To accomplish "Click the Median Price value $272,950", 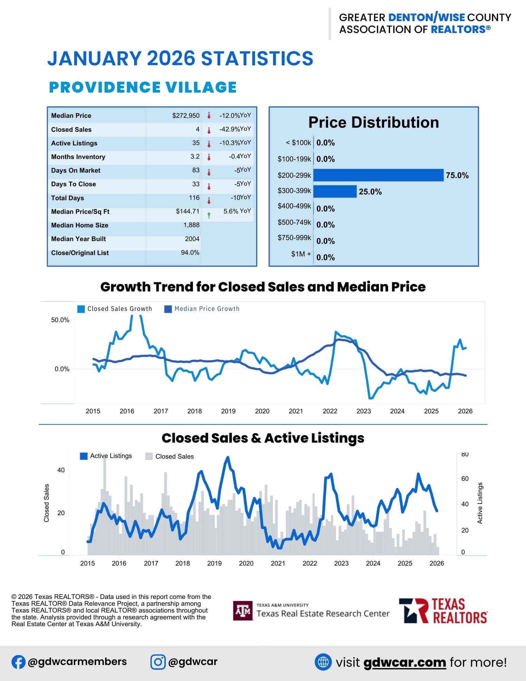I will [x=186, y=116].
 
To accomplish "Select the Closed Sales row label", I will [x=71, y=130].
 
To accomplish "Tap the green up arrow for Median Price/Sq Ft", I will [x=209, y=215].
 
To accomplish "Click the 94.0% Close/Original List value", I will [x=190, y=253].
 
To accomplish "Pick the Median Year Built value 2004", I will [x=192, y=239].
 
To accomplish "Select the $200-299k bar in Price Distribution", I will [x=378, y=175].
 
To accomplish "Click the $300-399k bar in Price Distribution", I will [x=335, y=191].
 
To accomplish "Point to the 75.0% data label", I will [x=457, y=175].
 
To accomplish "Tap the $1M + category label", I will [x=301, y=254].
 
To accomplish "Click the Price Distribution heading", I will [x=373, y=123].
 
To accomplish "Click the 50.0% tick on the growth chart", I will [x=60, y=320].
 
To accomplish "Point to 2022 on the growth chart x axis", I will [x=330, y=411].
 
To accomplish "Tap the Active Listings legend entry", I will [x=106, y=456].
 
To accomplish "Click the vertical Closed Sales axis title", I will [x=47, y=503].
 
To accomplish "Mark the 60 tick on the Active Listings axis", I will [x=465, y=479].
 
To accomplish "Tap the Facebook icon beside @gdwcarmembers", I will [x=18, y=662].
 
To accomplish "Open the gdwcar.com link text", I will [x=404, y=662].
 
